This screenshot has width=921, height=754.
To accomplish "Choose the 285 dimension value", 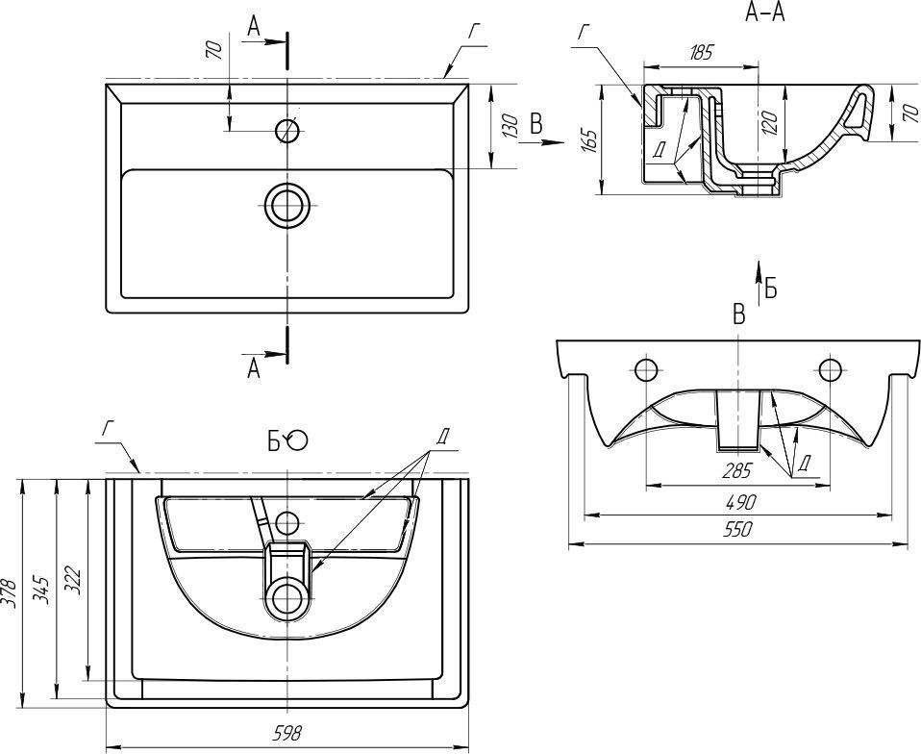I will click(737, 472).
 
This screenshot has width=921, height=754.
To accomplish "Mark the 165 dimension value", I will click(590, 140).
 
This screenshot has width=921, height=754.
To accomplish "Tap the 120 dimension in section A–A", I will click(769, 121).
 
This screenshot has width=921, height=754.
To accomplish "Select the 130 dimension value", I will click(510, 125).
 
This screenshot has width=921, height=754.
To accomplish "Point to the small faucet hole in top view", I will click(287, 130).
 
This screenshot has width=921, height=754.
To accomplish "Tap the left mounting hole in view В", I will click(645, 369).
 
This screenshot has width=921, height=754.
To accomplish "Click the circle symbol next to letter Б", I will click(297, 440).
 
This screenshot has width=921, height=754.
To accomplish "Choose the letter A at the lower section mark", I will click(254, 368).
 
